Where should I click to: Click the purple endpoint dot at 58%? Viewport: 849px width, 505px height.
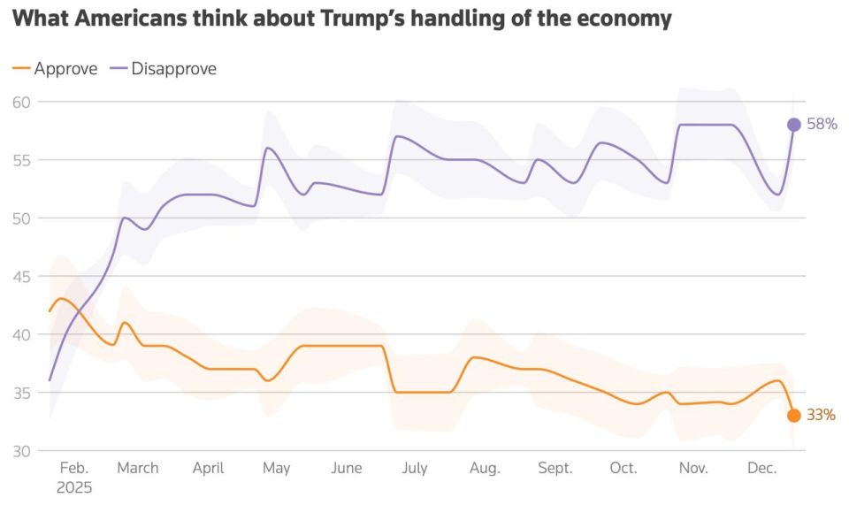pos(793,125)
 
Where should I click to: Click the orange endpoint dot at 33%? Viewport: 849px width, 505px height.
pos(793,416)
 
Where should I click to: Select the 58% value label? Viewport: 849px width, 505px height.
pos(822,125)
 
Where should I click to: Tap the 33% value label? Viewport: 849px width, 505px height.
pos(821,415)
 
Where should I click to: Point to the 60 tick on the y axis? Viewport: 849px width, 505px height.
pos(22,103)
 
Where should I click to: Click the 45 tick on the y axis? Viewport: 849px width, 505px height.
pos(22,277)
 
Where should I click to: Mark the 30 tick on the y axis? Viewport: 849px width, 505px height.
pos(22,451)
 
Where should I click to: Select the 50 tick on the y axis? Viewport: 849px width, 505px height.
pos(22,218)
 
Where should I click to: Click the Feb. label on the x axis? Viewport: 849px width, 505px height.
pos(74,469)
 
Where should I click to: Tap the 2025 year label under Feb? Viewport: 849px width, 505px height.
pos(74,487)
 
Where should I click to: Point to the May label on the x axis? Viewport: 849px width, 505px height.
pos(277,469)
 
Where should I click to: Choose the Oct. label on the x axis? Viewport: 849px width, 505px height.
pos(623,469)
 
